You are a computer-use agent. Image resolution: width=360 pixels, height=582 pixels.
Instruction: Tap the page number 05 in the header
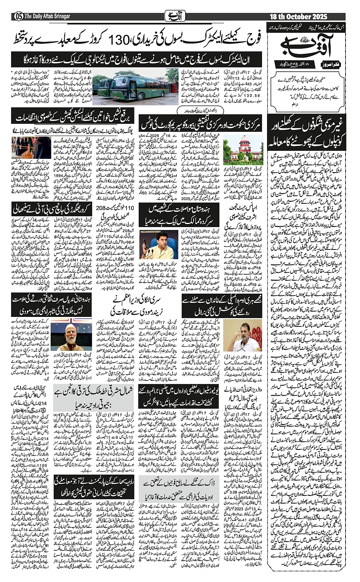coord(19,17)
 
